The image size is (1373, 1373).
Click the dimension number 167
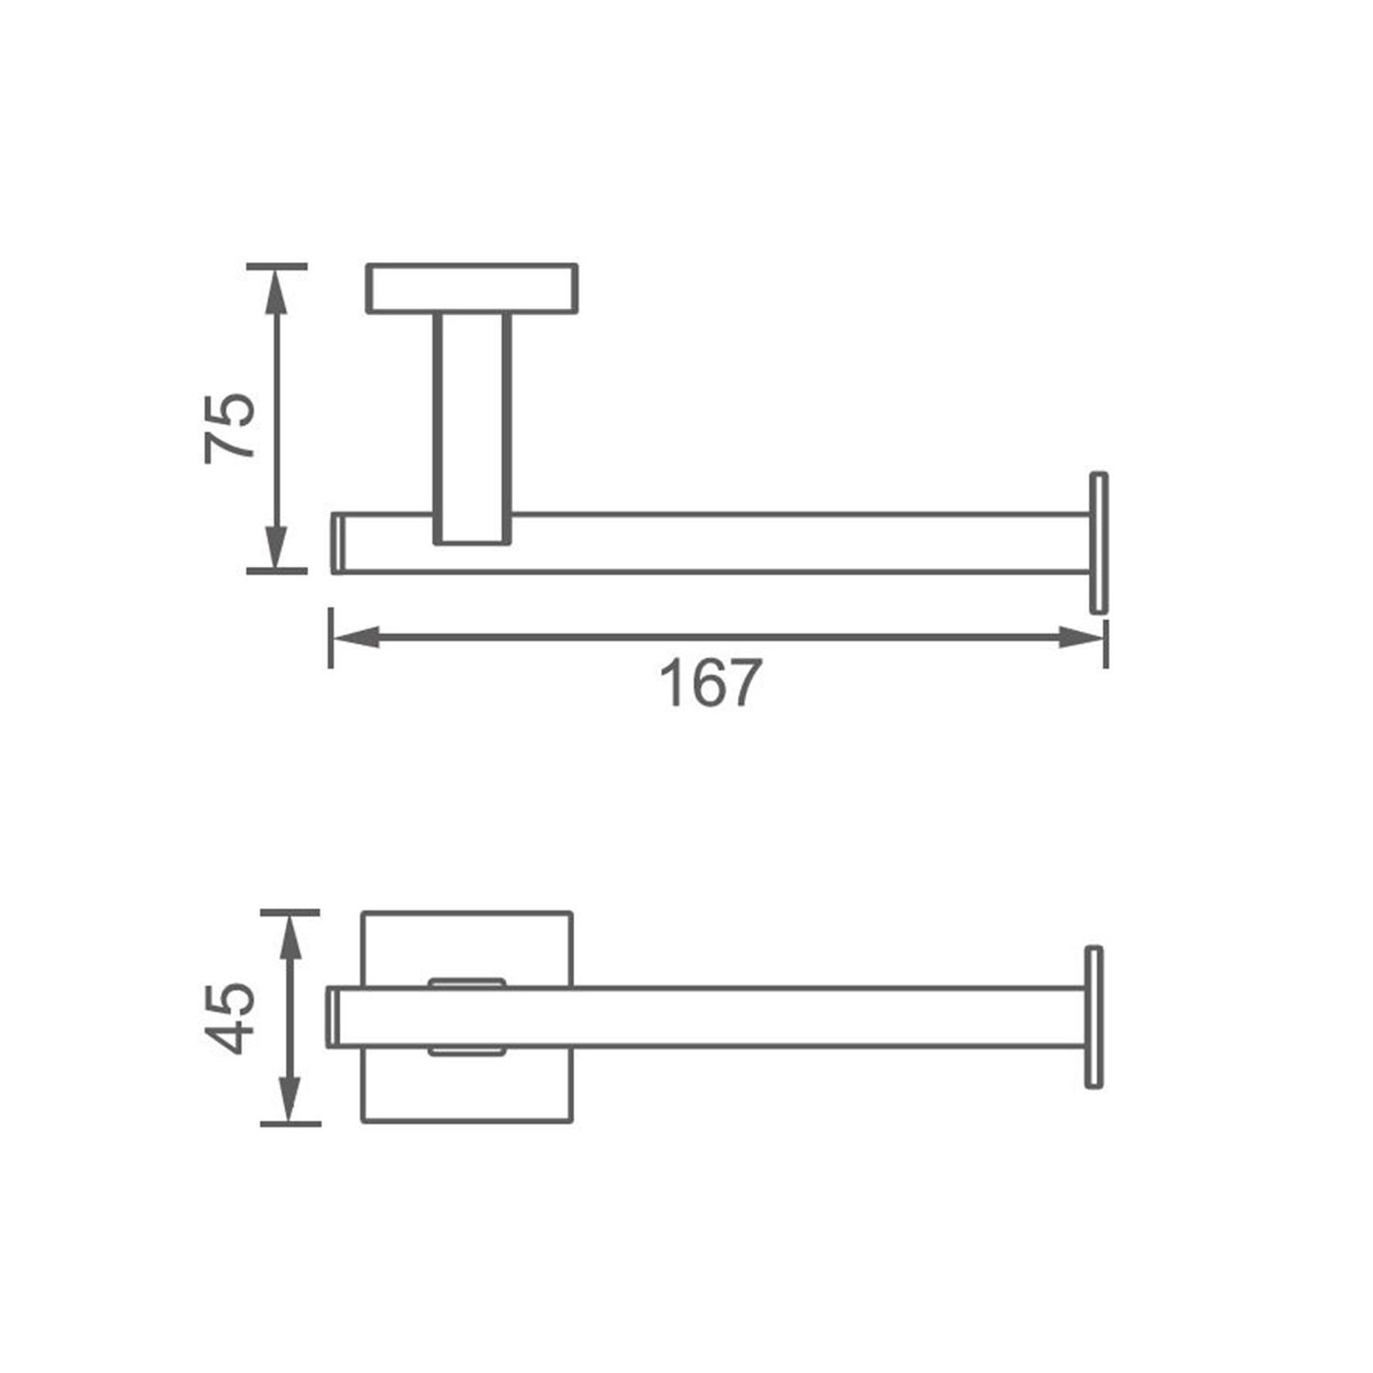point(710,684)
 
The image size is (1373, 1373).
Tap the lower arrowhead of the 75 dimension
point(277,546)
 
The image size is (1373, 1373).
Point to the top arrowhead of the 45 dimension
point(289,935)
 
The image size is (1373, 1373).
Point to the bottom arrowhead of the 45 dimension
point(289,1100)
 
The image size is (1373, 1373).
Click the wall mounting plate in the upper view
point(472,288)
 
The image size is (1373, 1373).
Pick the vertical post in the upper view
point(473,426)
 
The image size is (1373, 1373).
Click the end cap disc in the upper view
point(1099,542)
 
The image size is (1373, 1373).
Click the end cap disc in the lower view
point(1094,1017)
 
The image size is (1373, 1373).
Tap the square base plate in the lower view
point(467,1090)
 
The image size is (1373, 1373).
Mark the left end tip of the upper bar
point(337,543)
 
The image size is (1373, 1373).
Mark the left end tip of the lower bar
point(333,1017)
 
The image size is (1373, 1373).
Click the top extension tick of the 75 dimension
point(277,266)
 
